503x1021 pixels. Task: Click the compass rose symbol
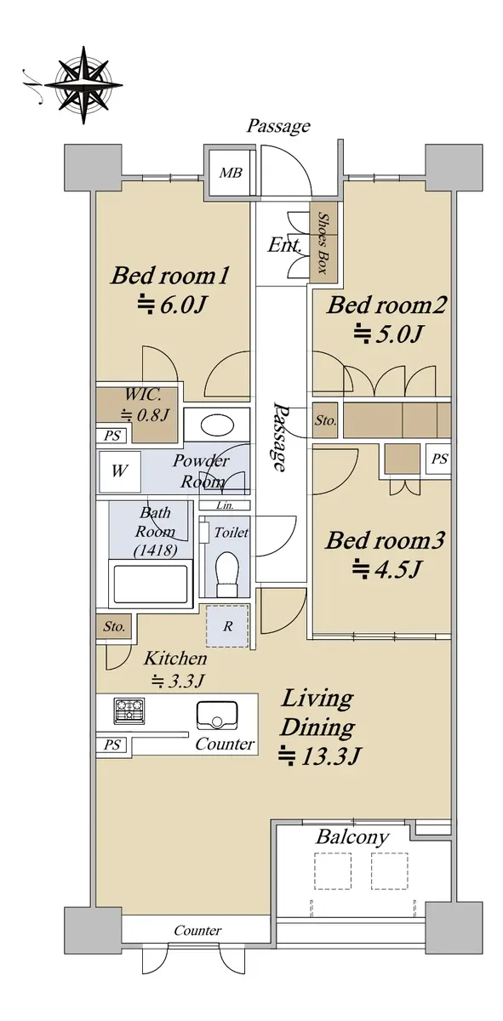click(x=84, y=85)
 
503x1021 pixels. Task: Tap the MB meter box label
click(x=231, y=173)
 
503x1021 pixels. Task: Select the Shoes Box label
click(x=324, y=242)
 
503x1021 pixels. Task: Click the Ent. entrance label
click(x=284, y=246)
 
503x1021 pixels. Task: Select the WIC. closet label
click(x=143, y=394)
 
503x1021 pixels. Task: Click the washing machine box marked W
click(x=119, y=471)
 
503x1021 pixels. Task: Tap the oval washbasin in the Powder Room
click(x=217, y=425)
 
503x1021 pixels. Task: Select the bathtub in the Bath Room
click(x=151, y=584)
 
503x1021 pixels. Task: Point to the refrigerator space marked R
click(x=227, y=626)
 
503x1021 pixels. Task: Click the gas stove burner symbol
click(x=129, y=710)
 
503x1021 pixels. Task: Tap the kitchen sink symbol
click(x=217, y=716)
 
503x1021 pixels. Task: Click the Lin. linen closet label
click(x=225, y=505)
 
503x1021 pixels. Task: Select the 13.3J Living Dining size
click(x=320, y=756)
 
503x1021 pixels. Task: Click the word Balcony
click(x=352, y=837)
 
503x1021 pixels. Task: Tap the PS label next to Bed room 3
click(x=440, y=459)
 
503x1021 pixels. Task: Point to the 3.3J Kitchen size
click(x=178, y=682)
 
